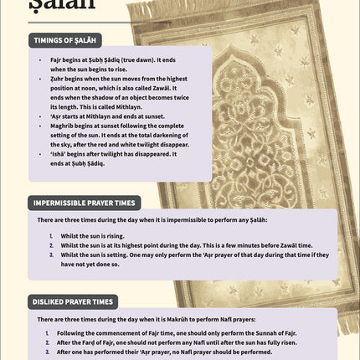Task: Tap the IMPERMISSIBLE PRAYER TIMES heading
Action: pyautogui.click(x=85, y=203)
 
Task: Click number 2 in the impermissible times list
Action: pyautogui.click(x=51, y=244)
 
